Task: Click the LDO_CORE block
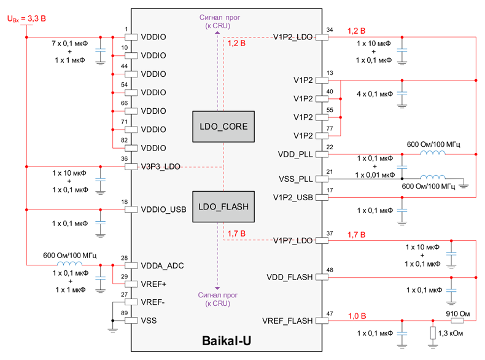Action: (x=223, y=127)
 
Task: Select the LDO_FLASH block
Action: (x=223, y=206)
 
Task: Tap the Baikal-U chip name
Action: (x=227, y=340)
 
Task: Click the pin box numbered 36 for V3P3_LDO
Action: (x=131, y=166)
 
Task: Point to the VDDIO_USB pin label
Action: (x=163, y=209)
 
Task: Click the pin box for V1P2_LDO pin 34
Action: (x=322, y=37)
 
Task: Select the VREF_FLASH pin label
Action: (x=287, y=321)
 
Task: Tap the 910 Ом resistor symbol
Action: (x=457, y=321)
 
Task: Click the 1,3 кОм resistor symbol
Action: (x=433, y=333)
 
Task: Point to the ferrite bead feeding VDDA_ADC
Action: (x=69, y=264)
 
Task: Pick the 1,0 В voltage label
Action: (x=357, y=316)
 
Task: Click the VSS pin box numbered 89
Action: (x=131, y=321)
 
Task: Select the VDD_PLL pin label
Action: (x=295, y=154)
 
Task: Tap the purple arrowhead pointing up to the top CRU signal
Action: (x=217, y=32)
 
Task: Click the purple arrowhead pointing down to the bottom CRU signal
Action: (x=217, y=288)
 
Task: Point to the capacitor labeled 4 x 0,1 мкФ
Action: (x=402, y=93)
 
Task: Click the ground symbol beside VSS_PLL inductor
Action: (x=464, y=186)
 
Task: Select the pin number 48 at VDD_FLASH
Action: (x=330, y=270)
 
